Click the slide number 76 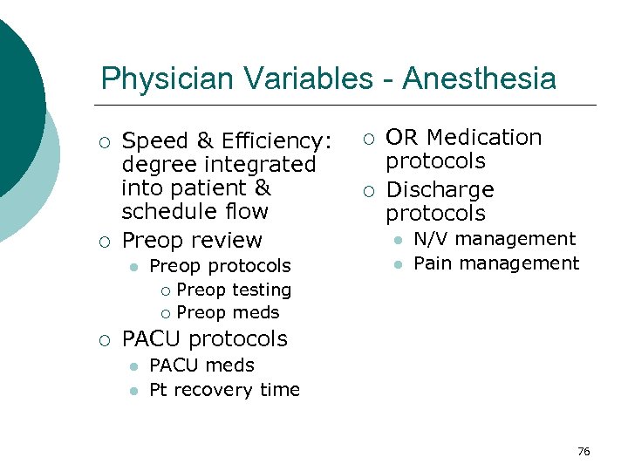(584, 451)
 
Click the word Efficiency (276, 141)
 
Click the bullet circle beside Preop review (105, 241)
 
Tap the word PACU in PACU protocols (152, 338)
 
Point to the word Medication (484, 138)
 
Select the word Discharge (440, 190)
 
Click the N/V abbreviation (431, 239)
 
